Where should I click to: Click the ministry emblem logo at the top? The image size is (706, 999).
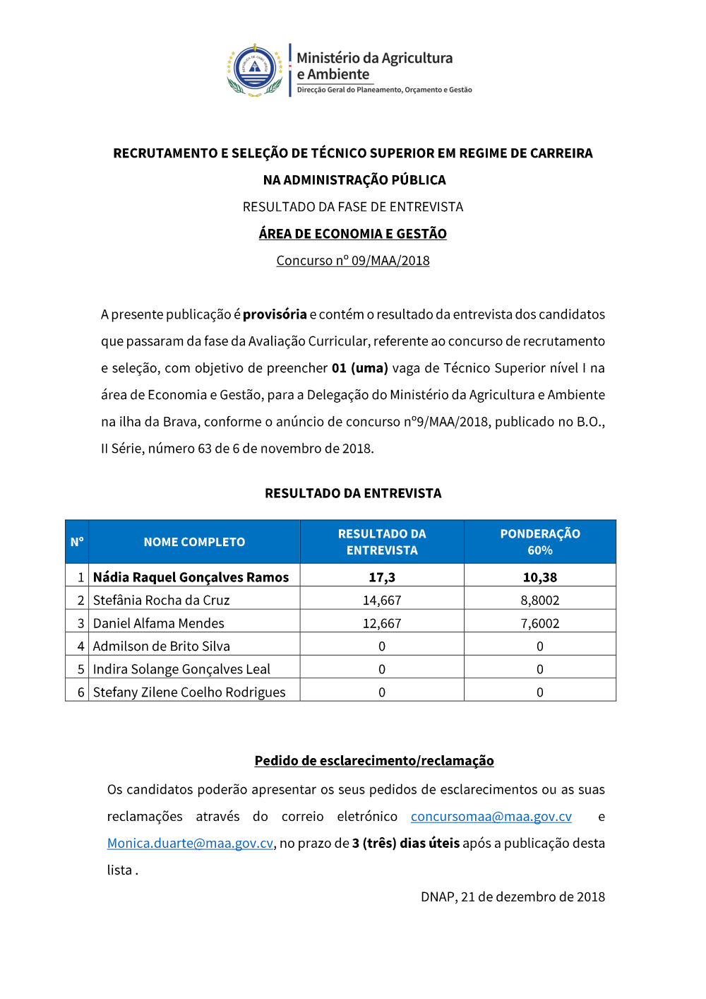tap(255, 69)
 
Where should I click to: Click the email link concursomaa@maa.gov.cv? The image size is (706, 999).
tap(491, 817)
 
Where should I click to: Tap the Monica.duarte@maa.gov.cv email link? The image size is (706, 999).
tap(190, 844)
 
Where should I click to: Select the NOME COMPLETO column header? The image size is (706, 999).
tap(194, 542)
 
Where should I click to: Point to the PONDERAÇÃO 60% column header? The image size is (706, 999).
tap(540, 542)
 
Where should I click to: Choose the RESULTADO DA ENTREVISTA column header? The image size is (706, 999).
tap(382, 542)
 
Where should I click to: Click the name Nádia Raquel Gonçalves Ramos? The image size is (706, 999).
tap(191, 577)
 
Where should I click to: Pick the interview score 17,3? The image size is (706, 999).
tap(382, 577)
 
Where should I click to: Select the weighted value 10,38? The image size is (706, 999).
tap(540, 577)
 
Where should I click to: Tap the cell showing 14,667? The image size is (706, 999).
tap(382, 601)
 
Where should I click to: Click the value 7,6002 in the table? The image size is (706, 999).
tap(540, 623)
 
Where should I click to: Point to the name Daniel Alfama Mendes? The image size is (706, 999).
tap(159, 623)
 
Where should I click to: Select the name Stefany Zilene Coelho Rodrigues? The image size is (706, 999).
tap(189, 692)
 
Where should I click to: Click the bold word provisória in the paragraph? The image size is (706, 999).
tap(275, 314)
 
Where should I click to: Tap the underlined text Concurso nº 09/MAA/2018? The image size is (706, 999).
tap(353, 261)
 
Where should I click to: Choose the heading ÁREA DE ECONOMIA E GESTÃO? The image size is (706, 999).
tap(353, 234)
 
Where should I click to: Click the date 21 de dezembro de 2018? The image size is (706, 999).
tap(533, 897)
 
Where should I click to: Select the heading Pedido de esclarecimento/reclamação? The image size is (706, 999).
tap(374, 761)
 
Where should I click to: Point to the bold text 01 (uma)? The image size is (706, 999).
tap(360, 368)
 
